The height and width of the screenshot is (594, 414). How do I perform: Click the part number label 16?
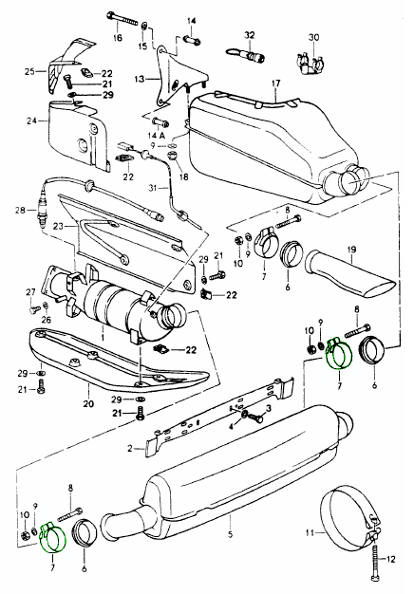tap(118, 38)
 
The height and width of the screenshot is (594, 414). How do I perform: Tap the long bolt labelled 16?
tap(122, 18)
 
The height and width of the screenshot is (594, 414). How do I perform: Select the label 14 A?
tap(157, 136)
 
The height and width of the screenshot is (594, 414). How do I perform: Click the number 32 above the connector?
tap(249, 35)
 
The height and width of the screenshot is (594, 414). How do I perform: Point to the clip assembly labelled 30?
tap(309, 63)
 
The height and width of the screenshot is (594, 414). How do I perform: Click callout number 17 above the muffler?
tap(275, 83)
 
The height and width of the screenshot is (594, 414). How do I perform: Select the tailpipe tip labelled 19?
tap(352, 272)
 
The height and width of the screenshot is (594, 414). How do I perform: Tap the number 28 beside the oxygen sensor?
tap(21, 210)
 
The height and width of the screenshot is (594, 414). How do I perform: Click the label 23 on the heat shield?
tap(58, 227)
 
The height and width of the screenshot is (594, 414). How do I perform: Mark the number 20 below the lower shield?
tap(88, 404)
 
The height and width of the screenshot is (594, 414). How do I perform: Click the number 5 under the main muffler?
tap(231, 534)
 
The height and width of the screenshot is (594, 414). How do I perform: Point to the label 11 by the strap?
tap(310, 532)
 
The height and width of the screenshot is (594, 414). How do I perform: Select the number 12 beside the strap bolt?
tap(391, 559)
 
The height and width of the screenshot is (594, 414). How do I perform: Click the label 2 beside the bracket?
tap(130, 449)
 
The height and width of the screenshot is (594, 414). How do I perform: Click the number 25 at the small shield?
tap(29, 71)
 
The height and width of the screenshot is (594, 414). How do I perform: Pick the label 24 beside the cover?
tap(32, 121)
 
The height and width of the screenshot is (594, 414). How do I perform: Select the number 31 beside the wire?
tap(153, 187)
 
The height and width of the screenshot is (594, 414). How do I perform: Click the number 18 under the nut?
tap(183, 176)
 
